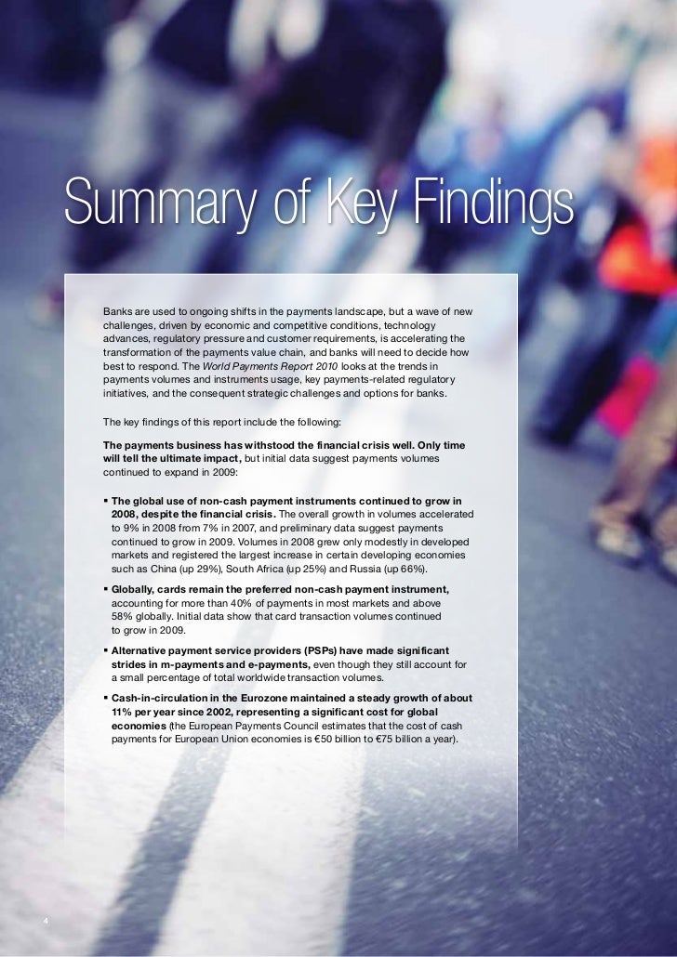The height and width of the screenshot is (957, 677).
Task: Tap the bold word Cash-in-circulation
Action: coord(162,698)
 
